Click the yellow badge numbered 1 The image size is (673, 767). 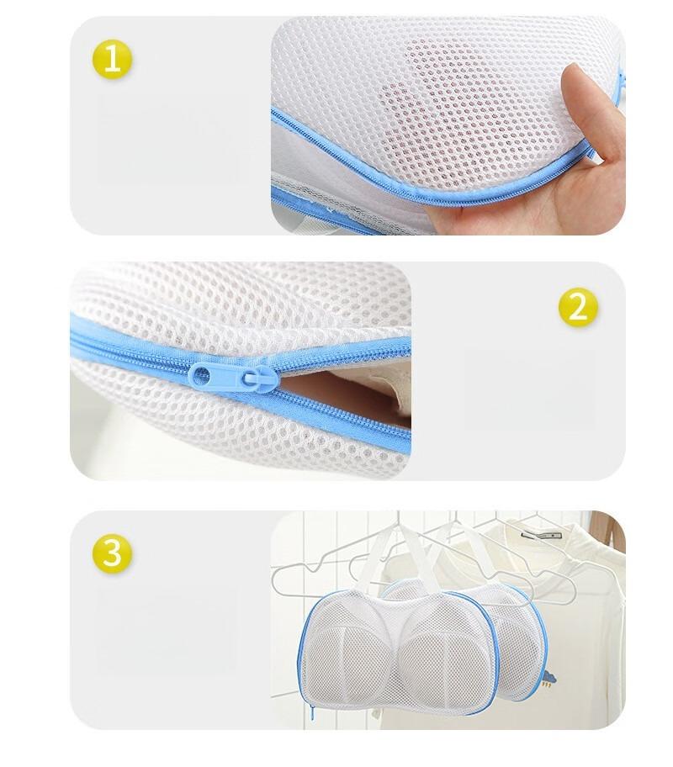point(112,60)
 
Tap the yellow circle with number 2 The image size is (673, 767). point(578,308)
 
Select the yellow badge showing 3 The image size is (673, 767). point(112,553)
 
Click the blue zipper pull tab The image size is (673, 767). point(234,377)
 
